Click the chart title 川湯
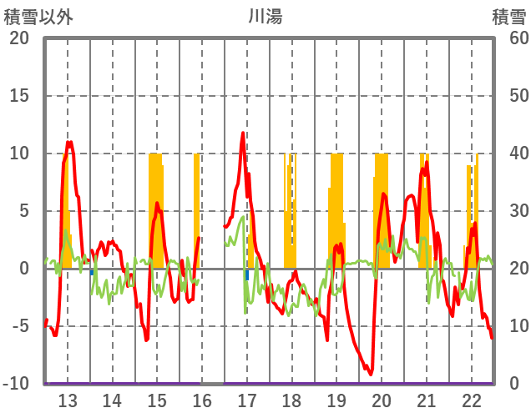click(265, 16)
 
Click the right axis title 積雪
click(508, 16)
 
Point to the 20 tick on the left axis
click(18, 38)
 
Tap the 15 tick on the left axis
click(18, 96)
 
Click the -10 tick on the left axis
click(17, 384)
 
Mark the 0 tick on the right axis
click(515, 384)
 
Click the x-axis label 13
click(68, 400)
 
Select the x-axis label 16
click(202, 400)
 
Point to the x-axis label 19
click(336, 400)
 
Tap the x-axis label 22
click(471, 400)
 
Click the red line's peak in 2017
click(243, 133)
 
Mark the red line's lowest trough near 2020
click(370, 374)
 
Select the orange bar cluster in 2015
click(156, 209)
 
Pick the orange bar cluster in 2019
click(336, 209)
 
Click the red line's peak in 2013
click(70, 143)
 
